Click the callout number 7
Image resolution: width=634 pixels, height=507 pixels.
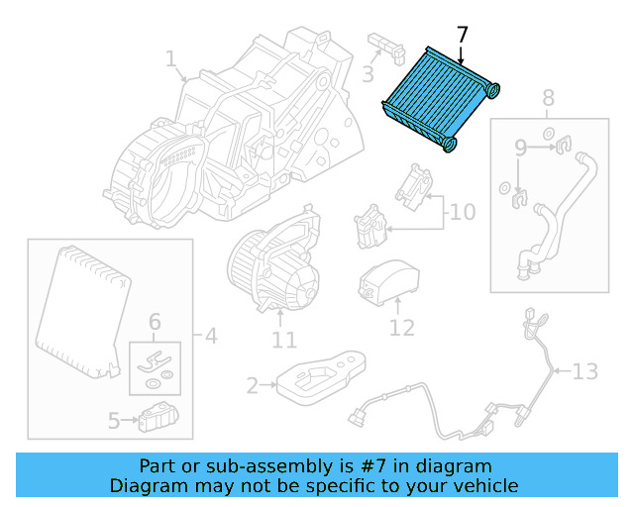coord(462,35)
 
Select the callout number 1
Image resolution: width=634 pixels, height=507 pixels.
coord(170,60)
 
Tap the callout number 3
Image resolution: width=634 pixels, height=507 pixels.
coord(368,74)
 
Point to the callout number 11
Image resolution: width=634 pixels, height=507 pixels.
coord(283,341)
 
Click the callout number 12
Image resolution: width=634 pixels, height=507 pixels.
coord(401,327)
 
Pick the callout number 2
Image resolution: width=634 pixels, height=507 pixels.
coord(253,385)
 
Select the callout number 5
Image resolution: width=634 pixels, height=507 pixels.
coord(114,421)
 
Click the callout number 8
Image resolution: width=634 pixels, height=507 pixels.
coord(548,98)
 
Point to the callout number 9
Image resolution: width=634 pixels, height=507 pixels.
coord(520,149)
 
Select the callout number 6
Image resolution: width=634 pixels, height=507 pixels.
coord(155,322)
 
